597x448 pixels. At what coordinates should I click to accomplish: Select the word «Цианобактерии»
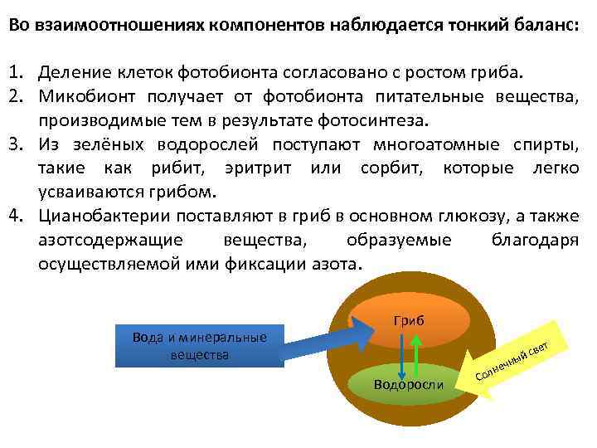pos(99,217)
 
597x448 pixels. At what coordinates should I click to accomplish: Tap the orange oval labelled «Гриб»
pos(407,319)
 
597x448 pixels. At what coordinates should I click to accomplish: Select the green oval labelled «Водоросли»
pos(409,382)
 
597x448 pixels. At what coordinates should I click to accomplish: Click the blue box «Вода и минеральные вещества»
pos(200,345)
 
